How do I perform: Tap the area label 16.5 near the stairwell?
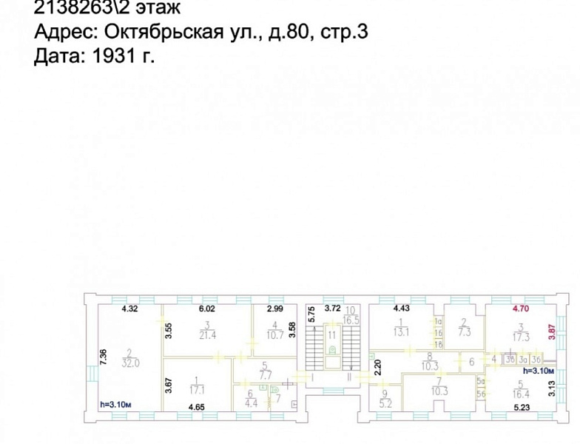coord(351,319)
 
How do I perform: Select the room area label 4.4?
coord(250,403)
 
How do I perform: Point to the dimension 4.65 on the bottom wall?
coord(196,407)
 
